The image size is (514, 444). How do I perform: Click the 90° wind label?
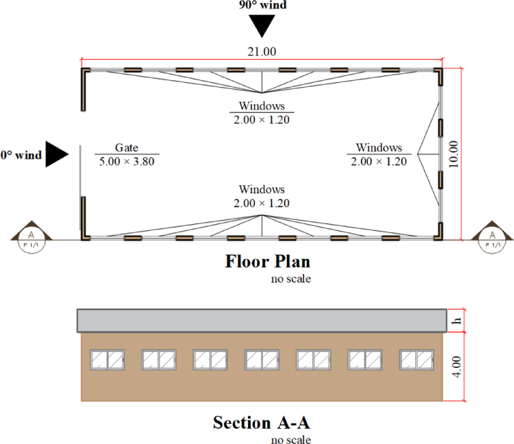click(x=261, y=5)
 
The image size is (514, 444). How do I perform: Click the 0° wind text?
click(x=21, y=155)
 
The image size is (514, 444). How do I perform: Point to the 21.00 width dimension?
click(x=261, y=51)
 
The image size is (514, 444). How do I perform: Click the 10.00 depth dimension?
click(x=454, y=154)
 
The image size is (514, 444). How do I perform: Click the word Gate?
click(x=127, y=148)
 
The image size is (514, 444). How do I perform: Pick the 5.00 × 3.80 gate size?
click(x=127, y=161)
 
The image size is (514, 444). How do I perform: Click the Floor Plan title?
click(x=268, y=261)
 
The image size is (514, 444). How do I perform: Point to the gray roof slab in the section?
click(x=261, y=320)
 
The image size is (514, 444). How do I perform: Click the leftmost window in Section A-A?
click(x=108, y=360)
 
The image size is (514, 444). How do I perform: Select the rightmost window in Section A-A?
click(x=417, y=360)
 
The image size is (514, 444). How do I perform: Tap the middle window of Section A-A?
click(x=262, y=360)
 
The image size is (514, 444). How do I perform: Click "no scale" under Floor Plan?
click(x=290, y=280)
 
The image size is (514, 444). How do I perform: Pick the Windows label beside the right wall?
click(x=379, y=148)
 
